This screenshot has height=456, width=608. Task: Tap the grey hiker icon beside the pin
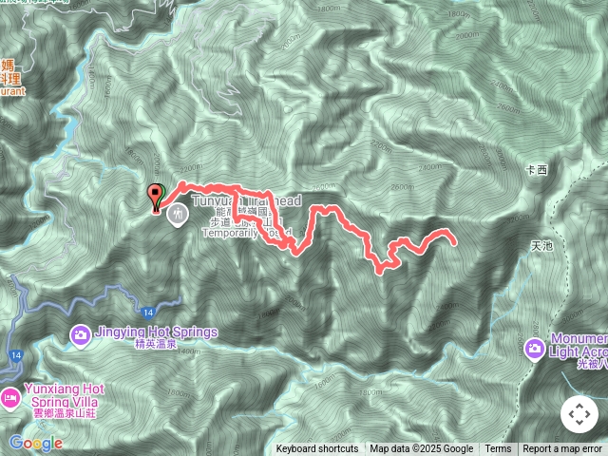click(x=177, y=215)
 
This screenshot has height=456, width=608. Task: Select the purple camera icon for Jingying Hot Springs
click(x=81, y=334)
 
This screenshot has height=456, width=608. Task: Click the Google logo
click(x=36, y=443)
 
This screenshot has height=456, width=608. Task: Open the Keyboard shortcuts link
click(x=317, y=449)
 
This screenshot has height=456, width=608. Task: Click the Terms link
click(x=498, y=449)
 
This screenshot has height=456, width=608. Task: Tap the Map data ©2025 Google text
click(x=421, y=449)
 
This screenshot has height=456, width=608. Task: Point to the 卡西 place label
click(x=537, y=170)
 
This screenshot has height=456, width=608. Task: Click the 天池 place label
click(x=541, y=245)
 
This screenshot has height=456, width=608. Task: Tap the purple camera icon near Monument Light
click(x=535, y=350)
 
